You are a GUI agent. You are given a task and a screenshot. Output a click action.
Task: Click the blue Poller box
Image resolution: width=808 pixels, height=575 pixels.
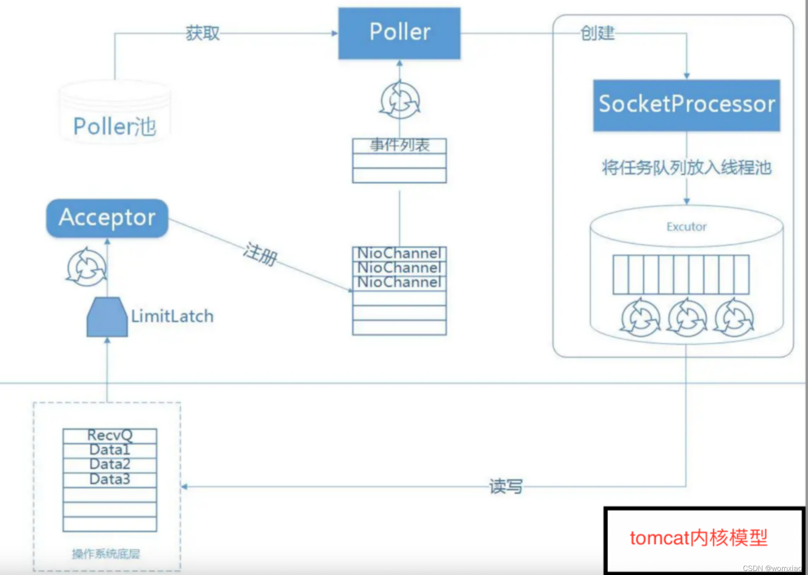399,34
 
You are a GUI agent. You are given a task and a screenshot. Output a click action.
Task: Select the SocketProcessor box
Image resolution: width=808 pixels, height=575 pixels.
686,105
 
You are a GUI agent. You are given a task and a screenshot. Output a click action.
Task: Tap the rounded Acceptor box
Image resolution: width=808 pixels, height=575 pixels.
107,218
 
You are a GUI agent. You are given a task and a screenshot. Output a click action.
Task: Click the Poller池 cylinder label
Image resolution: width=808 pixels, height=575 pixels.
115,127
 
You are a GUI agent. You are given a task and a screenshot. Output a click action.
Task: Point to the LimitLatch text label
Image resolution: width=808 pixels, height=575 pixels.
172,316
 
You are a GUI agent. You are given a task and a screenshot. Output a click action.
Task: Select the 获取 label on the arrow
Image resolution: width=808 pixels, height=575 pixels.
203,33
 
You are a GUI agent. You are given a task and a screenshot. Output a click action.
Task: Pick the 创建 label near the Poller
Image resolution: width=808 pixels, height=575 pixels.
597,33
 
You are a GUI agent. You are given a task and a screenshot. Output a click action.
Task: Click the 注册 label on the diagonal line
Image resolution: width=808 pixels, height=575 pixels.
261,254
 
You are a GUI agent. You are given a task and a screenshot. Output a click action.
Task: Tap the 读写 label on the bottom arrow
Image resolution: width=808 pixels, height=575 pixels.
506,486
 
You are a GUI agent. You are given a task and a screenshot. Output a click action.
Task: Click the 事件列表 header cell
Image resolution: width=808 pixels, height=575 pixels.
399,146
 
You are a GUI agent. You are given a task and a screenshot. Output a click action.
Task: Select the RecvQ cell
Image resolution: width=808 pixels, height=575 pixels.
110,436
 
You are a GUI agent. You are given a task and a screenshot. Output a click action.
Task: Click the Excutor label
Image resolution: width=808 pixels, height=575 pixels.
687,227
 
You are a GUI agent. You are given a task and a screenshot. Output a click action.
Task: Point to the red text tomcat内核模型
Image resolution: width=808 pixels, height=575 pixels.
699,538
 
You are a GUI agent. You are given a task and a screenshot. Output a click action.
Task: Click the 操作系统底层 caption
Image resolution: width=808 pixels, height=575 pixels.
106,554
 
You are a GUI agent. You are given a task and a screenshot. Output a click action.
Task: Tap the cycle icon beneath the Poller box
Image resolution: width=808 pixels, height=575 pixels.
400,100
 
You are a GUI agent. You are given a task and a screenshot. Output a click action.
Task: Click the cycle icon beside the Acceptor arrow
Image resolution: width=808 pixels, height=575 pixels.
86,267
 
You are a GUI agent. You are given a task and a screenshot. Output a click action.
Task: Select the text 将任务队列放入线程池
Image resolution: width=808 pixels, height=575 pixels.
687,168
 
